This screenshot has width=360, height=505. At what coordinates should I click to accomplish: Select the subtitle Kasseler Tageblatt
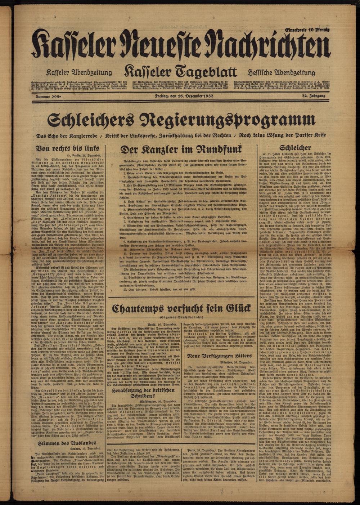180,72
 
